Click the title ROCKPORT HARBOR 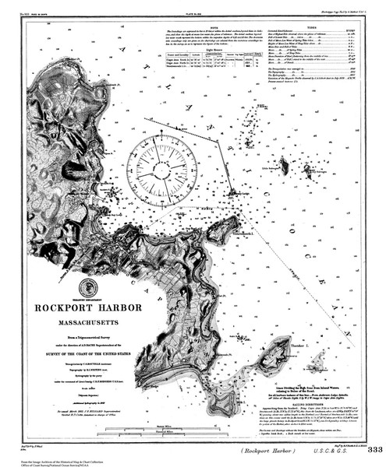[88, 307]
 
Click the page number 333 [375, 450]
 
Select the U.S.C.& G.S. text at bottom [332, 450]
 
